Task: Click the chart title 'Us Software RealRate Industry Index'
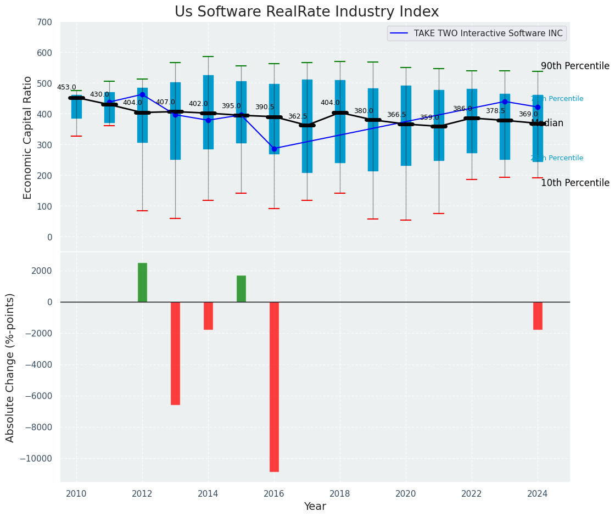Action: [x=306, y=12]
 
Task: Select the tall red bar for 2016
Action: [x=274, y=386]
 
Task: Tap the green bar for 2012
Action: [x=142, y=282]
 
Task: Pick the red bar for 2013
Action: [x=175, y=353]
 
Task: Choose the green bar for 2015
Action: [x=241, y=289]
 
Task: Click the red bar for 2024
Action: [x=538, y=316]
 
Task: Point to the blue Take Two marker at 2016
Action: [x=274, y=149]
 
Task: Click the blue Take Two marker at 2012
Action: [x=142, y=94]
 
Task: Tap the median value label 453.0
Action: [x=66, y=87]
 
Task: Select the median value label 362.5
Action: [x=298, y=116]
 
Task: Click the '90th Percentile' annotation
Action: [x=575, y=66]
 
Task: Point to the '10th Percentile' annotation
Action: [x=575, y=183]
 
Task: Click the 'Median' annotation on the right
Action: [x=547, y=123]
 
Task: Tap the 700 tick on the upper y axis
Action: [x=45, y=23]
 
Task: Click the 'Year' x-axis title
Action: [x=315, y=507]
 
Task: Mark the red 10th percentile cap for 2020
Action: [x=406, y=220]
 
